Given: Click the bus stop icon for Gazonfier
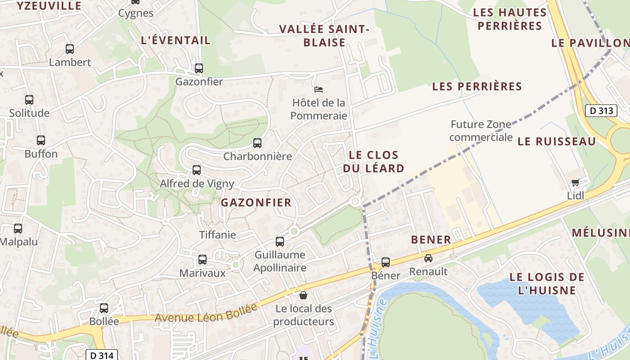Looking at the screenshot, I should [x=199, y=68].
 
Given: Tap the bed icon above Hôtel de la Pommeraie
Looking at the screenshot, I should [x=319, y=89].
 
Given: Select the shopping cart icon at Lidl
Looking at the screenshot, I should [x=575, y=182].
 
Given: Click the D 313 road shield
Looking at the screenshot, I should [x=601, y=110].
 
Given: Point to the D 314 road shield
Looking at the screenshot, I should [x=102, y=355].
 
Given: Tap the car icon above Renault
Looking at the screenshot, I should [x=428, y=258].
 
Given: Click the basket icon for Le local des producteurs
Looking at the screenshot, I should [x=303, y=295].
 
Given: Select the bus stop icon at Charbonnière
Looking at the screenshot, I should [x=257, y=143].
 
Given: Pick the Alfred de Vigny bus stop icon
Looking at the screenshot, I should [x=197, y=170].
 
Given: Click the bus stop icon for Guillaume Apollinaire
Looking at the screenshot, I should [x=280, y=242].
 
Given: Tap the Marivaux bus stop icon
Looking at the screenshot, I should [x=202, y=260].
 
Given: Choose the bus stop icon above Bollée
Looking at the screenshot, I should [x=104, y=308].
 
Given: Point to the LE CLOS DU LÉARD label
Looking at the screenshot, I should [x=373, y=162].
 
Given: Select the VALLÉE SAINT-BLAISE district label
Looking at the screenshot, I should [x=324, y=36].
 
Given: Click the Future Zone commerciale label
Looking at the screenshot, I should [x=481, y=130].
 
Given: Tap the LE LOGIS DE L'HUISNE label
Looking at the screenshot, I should [x=547, y=283].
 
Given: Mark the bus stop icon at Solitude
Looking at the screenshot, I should [x=29, y=100].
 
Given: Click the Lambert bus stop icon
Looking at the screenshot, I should [x=70, y=49].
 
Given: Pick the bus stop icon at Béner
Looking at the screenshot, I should [x=386, y=262].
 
